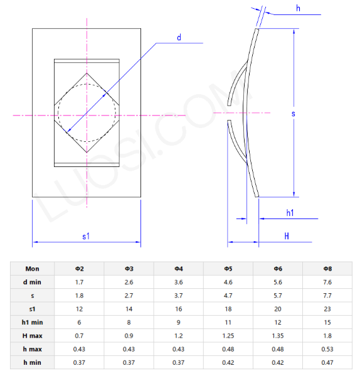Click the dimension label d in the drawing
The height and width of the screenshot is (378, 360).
[179, 38]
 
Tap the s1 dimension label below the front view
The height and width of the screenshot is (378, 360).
[86, 236]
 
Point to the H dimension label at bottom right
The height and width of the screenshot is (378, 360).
[287, 236]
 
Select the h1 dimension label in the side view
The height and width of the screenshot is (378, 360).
[290, 213]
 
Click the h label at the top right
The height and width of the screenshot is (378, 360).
[298, 8]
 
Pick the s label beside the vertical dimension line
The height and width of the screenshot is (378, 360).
[294, 114]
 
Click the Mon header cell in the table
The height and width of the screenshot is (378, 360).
[32, 269]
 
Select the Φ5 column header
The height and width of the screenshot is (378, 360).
[228, 269]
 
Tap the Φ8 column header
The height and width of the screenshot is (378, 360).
[327, 269]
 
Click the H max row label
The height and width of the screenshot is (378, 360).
[32, 335]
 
